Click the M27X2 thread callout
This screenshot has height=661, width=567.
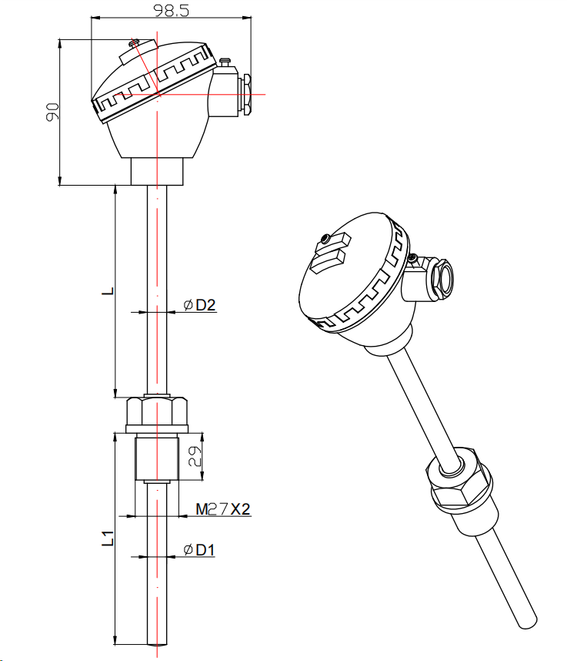[223, 509]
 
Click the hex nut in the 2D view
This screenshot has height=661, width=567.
[157, 414]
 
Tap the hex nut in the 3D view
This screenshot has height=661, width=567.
[459, 483]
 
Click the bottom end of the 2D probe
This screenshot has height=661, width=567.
[157, 642]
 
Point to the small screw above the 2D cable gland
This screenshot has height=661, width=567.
[225, 61]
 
